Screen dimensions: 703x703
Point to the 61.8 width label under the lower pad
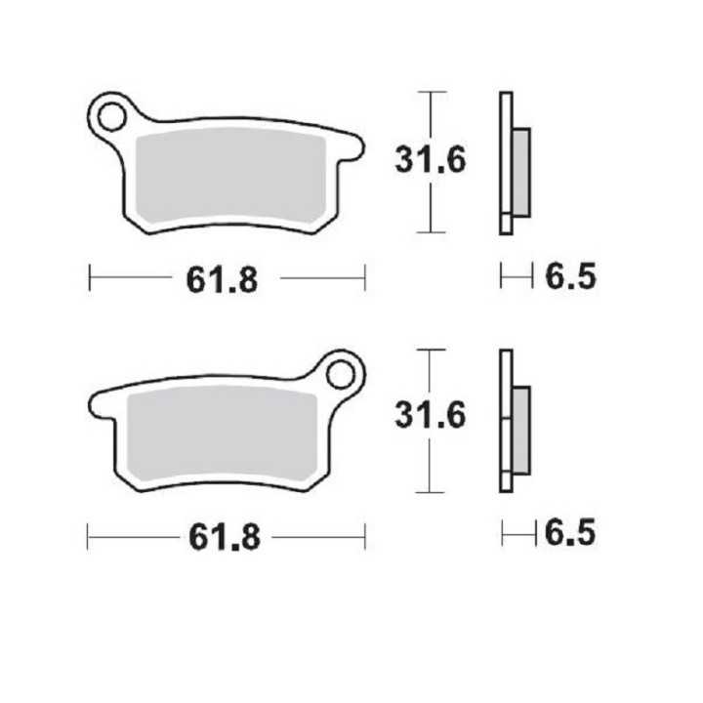click(225, 536)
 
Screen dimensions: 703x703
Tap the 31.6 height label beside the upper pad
click(431, 160)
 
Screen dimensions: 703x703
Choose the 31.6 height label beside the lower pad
click(431, 416)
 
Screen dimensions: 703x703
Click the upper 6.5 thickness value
click(569, 277)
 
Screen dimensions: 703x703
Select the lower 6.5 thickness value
click(570, 533)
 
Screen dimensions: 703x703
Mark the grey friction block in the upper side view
click(521, 172)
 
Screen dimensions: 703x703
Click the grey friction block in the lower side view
click(521, 428)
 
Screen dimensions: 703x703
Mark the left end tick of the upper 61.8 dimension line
click(89, 277)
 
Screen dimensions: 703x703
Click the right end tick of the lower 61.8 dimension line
click(365, 535)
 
